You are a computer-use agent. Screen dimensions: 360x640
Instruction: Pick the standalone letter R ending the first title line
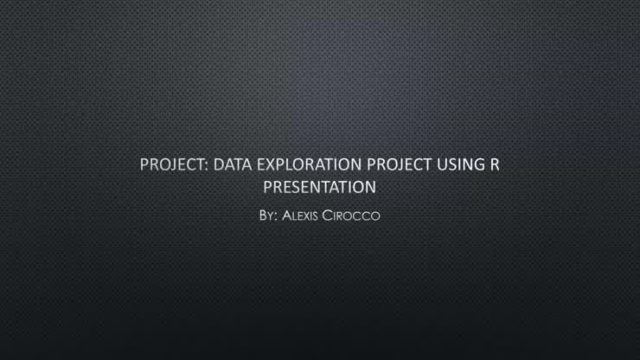click(x=495, y=164)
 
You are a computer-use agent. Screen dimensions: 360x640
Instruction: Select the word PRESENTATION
click(x=319, y=186)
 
